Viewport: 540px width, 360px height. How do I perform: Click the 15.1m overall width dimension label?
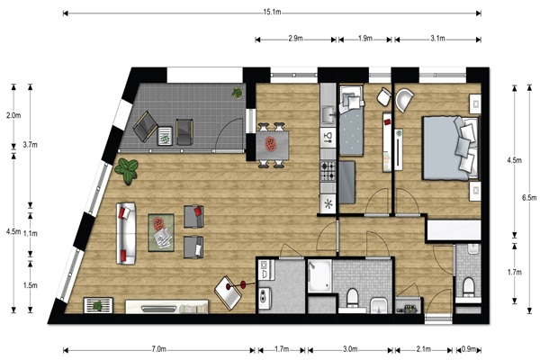coord(272,13)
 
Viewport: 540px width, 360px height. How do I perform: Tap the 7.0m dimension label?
coord(158,349)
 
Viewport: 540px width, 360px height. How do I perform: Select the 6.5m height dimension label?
coord(529,198)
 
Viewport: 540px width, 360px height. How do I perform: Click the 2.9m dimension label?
coord(295,39)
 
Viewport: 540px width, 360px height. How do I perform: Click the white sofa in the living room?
coord(126,234)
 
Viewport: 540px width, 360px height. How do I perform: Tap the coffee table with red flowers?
coord(161,232)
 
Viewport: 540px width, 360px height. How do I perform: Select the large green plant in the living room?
coord(127,171)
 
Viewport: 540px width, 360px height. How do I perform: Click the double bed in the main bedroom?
coord(451,148)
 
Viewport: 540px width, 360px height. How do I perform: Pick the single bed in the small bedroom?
coord(351,121)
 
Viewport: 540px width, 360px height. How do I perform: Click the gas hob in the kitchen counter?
coord(328,171)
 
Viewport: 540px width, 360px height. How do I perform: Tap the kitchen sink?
coord(328,114)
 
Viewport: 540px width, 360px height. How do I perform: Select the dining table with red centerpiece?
coord(272,146)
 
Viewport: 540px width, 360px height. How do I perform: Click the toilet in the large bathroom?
coord(352,297)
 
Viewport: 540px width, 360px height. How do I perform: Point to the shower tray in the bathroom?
coord(319,276)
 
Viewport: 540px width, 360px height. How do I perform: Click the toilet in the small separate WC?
coord(468,286)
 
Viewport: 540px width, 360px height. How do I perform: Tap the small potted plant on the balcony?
coord(237,93)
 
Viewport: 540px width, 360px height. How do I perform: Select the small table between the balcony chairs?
coord(166,136)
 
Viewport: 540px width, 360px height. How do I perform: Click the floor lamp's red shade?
coord(243,284)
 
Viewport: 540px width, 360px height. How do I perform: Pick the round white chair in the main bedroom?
coord(405,100)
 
